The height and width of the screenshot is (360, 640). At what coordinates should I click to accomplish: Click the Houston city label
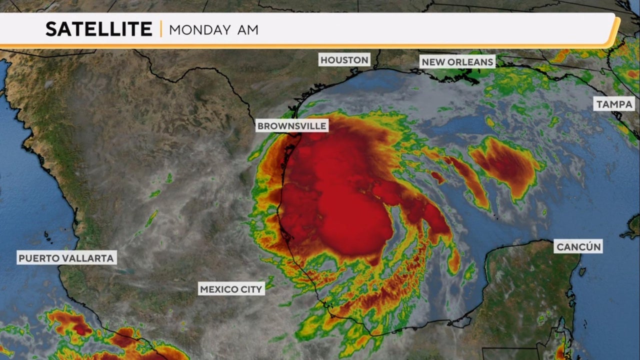coord(344,60)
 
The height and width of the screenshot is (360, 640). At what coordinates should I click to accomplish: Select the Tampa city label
coord(614,104)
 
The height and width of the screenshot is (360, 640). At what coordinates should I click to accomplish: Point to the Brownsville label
coord(292,126)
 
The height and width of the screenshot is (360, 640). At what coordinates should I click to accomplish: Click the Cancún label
coord(578,246)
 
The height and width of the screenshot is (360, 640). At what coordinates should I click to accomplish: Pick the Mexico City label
coord(231,289)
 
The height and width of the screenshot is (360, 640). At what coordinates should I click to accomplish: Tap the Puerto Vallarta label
coord(67,258)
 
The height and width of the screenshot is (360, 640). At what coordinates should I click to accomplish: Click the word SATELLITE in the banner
coord(99,29)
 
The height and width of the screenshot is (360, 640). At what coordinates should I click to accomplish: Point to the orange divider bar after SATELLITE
coord(161,29)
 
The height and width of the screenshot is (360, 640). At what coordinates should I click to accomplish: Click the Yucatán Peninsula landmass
coord(525,290)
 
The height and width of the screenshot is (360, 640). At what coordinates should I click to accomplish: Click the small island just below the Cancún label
coord(582,271)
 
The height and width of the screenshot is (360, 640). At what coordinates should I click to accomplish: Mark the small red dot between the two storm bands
coord(437,176)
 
